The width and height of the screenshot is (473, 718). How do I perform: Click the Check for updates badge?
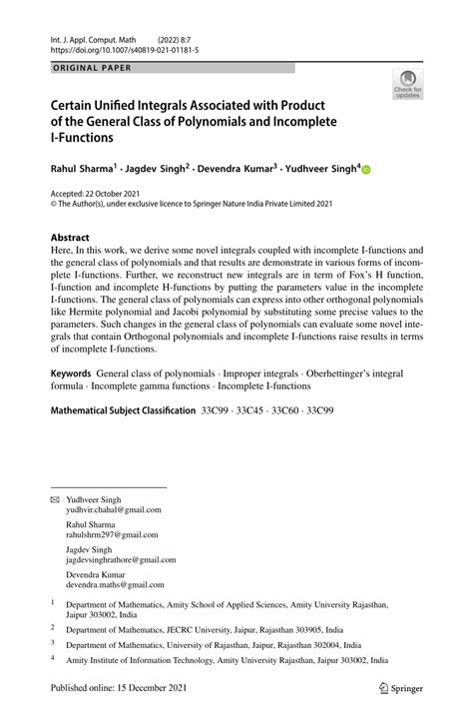(x=408, y=87)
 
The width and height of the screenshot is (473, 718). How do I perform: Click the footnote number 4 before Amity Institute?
(x=54, y=659)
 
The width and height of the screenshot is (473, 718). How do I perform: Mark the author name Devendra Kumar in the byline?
(x=246, y=170)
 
